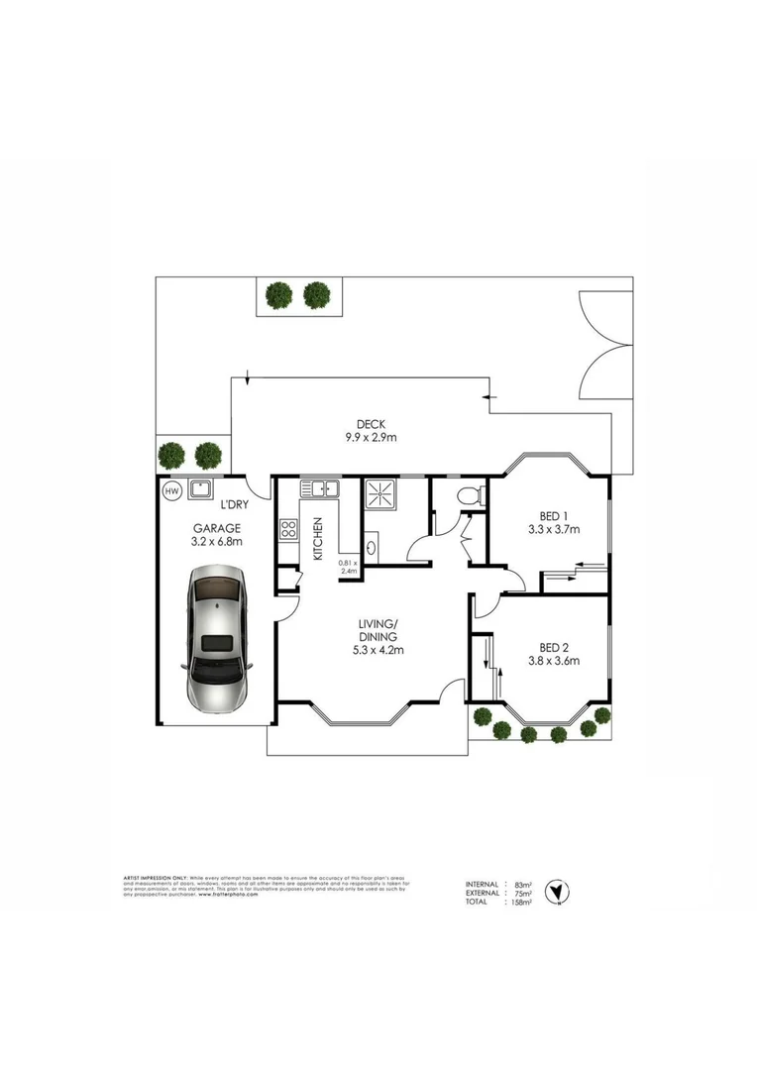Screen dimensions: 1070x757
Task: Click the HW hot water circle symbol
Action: coord(171,491)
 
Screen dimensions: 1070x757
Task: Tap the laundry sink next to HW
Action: coord(202,490)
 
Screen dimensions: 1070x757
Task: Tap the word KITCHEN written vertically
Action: coord(318,540)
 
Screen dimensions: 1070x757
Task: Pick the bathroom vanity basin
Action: coord(371,546)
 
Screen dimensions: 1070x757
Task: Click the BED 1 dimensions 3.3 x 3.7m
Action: coord(554,529)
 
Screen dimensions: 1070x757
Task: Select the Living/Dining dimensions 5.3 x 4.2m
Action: coord(379,651)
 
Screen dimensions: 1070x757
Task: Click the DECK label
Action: coord(372,424)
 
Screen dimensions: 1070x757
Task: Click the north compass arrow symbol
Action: coord(560,890)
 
